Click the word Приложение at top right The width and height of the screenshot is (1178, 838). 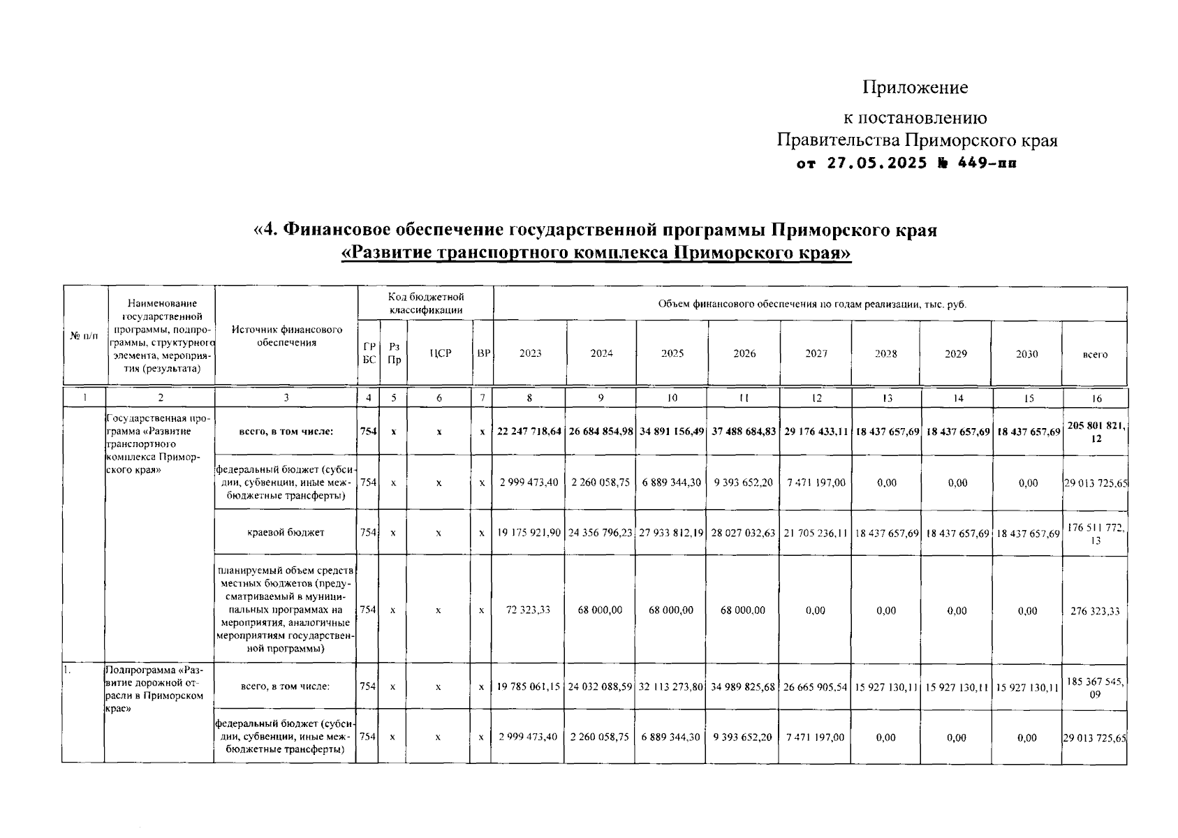(x=915, y=87)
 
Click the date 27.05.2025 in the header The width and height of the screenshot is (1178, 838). (x=877, y=164)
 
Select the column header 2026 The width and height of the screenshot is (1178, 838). (x=744, y=353)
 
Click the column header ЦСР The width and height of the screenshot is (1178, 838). (x=440, y=353)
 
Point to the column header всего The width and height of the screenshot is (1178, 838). (x=1094, y=354)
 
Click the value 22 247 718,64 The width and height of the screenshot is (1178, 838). (x=529, y=432)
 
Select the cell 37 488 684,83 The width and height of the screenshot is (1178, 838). (x=744, y=432)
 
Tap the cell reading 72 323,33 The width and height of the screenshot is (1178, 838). (x=529, y=610)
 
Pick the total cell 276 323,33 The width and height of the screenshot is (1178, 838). (x=1094, y=611)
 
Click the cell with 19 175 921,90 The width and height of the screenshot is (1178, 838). (x=529, y=533)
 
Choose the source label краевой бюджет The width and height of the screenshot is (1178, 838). (x=286, y=532)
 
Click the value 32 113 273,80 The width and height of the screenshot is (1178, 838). (x=672, y=687)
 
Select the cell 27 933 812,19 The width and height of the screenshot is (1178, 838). (x=672, y=533)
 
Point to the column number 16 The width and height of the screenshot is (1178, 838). (x=1096, y=398)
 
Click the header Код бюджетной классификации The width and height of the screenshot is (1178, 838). (x=426, y=303)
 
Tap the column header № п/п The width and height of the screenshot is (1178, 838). (x=84, y=336)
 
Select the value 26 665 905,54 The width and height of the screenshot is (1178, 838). (x=815, y=687)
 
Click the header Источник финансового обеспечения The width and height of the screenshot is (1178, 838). (x=286, y=336)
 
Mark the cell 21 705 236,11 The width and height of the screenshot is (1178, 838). (x=815, y=533)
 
